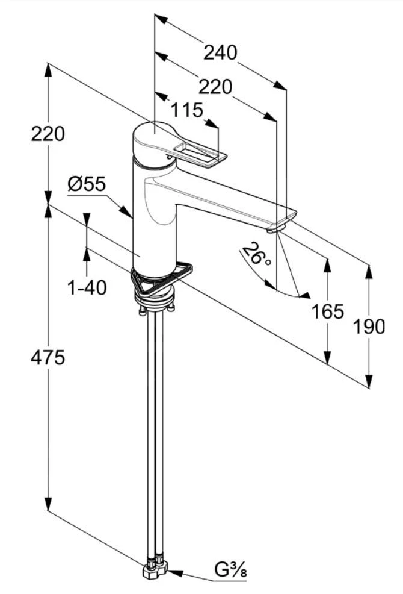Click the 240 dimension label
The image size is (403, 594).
pos(220,53)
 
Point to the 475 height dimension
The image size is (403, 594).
pos(48,357)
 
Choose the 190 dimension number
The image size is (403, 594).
pos(368,327)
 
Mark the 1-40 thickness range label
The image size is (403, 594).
pos(87,288)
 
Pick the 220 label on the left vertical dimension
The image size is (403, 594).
pos(48,133)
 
